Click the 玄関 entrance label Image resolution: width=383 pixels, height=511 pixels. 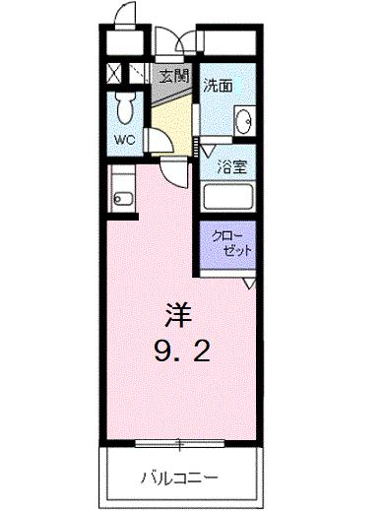coord(173,76)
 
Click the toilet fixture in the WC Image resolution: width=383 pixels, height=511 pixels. coord(124,103)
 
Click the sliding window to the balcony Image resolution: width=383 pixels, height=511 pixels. coord(177,441)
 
